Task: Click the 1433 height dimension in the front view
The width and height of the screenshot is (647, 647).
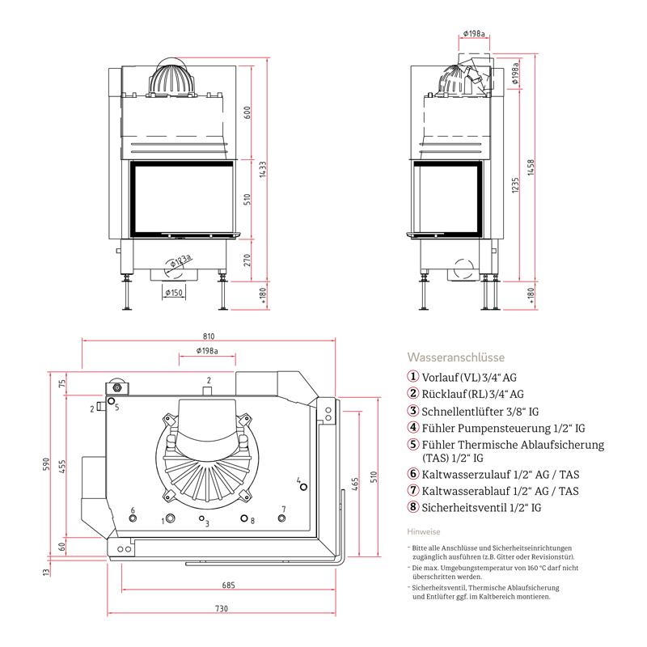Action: pos(263,169)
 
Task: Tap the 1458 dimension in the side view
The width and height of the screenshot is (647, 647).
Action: pos(531,167)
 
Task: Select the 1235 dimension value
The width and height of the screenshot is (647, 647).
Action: pos(515,185)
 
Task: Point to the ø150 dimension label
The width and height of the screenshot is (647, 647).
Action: pos(174,293)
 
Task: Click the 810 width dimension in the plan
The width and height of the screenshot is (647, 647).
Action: pos(209,336)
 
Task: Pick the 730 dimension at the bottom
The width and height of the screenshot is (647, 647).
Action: pos(222,608)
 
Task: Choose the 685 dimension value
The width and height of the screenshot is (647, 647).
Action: pos(229,585)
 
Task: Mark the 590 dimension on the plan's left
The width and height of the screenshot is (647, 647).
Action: pos(46,463)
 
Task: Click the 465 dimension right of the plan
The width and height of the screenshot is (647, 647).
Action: pos(355,484)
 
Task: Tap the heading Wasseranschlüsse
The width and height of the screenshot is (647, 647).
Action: pos(455,357)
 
